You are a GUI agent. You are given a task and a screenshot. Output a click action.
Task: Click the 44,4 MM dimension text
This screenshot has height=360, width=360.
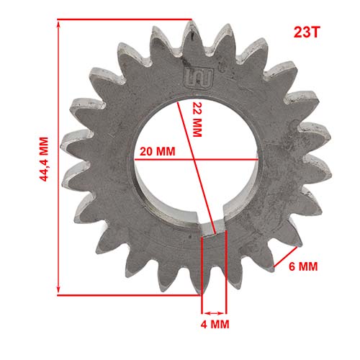pyautogui.click(x=43, y=160)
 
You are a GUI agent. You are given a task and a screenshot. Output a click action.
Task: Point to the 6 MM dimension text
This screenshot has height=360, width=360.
pyautogui.click(x=302, y=266)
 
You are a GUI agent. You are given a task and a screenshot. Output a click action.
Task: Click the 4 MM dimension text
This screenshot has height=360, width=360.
pyautogui.click(x=215, y=325)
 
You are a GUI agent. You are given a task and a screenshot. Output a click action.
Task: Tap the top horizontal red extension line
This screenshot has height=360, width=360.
pyautogui.click(x=122, y=19)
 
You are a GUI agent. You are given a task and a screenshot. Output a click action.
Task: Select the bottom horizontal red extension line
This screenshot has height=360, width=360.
pyautogui.click(x=130, y=294)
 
